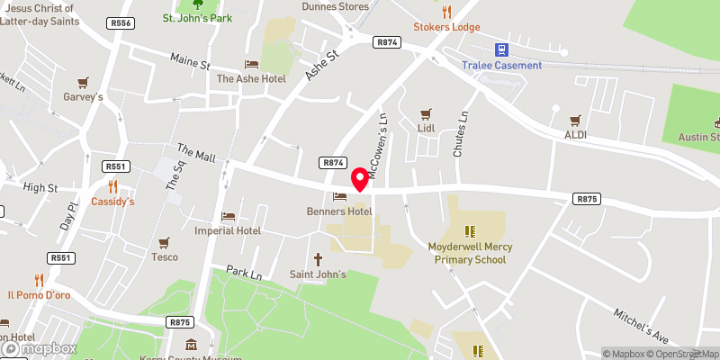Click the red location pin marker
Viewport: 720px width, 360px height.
coord(360,179)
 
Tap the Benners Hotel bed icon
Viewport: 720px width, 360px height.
coord(339,197)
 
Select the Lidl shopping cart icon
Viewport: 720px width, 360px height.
coord(426,114)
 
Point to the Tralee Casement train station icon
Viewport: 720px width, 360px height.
coord(501,50)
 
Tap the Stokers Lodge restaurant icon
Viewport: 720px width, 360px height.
coord(446,13)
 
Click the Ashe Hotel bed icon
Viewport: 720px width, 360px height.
coord(251,65)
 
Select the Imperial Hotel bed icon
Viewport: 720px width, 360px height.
coord(228,216)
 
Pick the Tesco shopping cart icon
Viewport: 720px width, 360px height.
coord(164,243)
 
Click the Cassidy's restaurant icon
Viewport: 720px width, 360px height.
coord(112,187)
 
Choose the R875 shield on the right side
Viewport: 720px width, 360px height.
coord(588,198)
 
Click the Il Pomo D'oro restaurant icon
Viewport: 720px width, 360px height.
coord(39,280)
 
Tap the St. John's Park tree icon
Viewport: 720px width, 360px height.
coord(197,4)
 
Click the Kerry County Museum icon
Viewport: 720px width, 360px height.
coord(191,345)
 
